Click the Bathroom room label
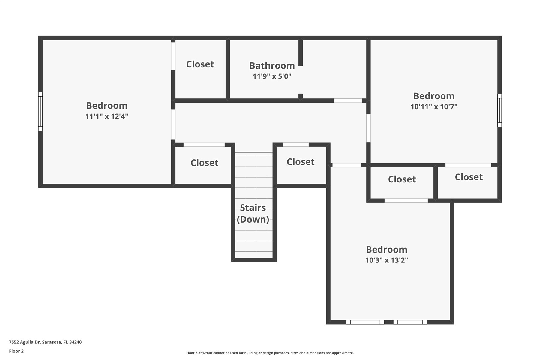click(272, 65)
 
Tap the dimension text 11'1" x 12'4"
click(107, 116)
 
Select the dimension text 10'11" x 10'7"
click(434, 106)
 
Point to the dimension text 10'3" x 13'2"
click(386, 260)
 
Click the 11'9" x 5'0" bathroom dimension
click(272, 76)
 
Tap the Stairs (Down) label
click(253, 213)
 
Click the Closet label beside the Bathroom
click(200, 64)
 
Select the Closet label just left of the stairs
click(204, 163)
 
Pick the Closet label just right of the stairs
click(301, 162)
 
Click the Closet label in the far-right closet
click(469, 177)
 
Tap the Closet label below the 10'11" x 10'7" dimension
click(402, 179)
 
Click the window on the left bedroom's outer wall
click(40, 111)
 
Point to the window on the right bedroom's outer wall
click(499, 110)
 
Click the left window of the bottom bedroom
click(365, 322)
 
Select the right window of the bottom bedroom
click(410, 322)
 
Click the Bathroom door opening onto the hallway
click(348, 100)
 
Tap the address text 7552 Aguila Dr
click(25, 342)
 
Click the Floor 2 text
click(16, 351)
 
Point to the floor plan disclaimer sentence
click(270, 353)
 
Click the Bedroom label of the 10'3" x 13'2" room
click(386, 250)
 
